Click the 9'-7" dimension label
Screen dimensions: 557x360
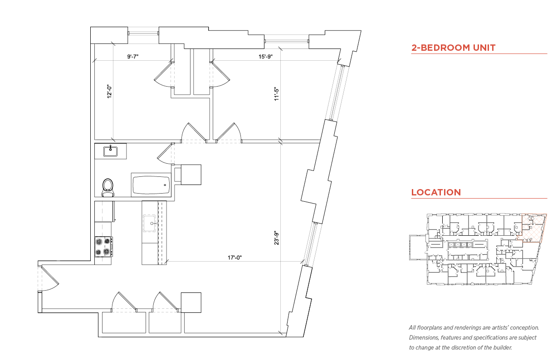click(x=133, y=56)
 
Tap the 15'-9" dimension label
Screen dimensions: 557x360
click(x=265, y=56)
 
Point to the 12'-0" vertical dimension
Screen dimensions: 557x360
click(x=109, y=92)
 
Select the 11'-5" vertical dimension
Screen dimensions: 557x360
click(x=277, y=94)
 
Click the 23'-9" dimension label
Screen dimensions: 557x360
click(x=277, y=238)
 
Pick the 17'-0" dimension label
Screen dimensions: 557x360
click(x=235, y=258)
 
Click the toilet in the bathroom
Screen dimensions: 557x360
click(x=107, y=187)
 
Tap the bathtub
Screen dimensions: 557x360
click(x=151, y=185)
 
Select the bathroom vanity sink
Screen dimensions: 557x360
click(x=110, y=151)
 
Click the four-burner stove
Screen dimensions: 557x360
click(x=103, y=247)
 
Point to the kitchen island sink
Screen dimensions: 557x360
click(x=149, y=223)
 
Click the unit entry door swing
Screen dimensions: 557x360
click(x=49, y=278)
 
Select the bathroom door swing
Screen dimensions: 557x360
click(x=166, y=154)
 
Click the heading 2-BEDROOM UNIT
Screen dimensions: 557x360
click(x=453, y=48)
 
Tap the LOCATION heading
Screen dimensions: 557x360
click(x=436, y=192)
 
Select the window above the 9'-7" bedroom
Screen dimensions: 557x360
click(x=143, y=33)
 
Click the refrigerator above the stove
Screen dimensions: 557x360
click(x=104, y=211)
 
